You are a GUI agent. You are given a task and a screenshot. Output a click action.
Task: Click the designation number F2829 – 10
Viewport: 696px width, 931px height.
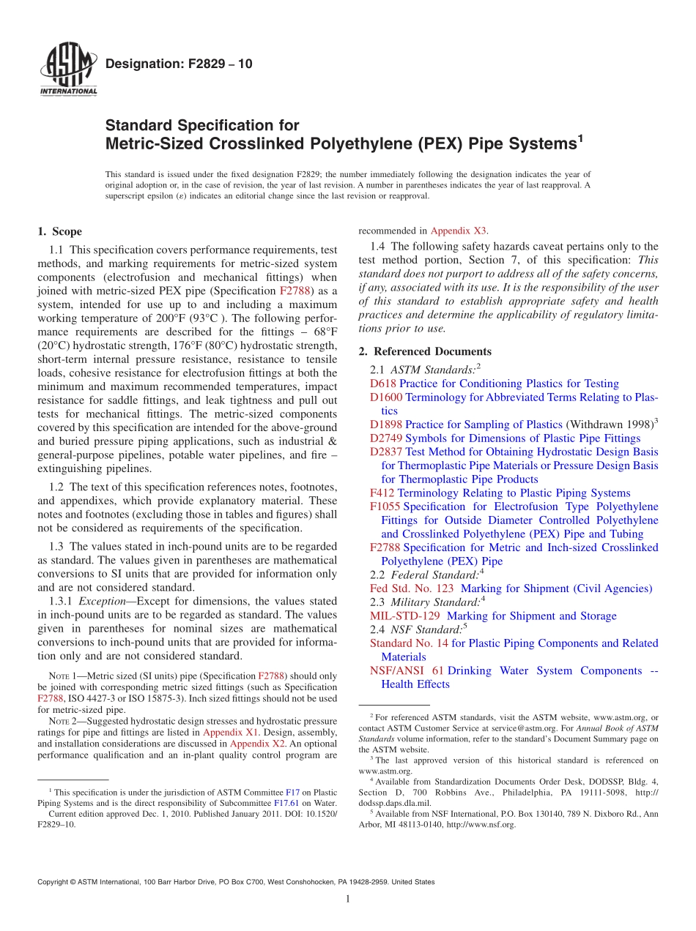point(179,64)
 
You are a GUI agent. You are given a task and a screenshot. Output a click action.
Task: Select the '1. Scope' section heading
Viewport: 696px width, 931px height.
point(59,232)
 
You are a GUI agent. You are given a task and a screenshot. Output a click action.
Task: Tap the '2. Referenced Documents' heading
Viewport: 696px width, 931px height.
point(425,351)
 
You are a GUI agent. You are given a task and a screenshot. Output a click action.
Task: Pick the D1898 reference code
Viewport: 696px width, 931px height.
point(386,425)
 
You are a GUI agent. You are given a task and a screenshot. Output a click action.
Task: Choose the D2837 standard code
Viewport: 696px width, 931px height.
point(386,452)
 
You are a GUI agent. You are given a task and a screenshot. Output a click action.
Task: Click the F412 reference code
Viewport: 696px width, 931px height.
point(382,493)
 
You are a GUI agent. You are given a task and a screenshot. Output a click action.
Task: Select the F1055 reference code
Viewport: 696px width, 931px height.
point(385,506)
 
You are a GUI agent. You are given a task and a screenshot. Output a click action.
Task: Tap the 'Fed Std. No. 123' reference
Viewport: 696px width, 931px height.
point(412,588)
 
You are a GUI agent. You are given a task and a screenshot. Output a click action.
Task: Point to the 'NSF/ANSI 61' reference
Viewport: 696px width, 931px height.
point(406,670)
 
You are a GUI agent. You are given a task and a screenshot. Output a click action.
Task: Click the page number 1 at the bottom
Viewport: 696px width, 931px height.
point(348,900)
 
